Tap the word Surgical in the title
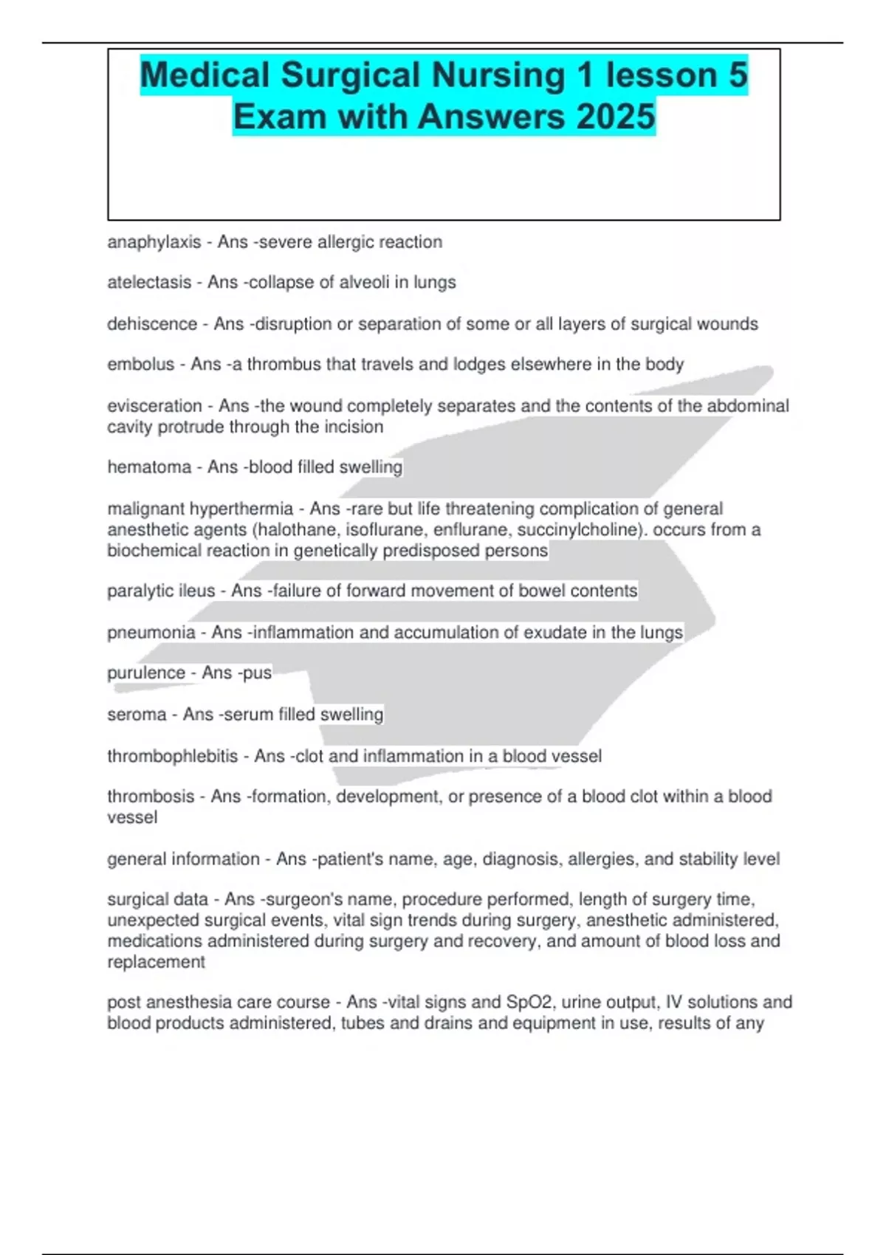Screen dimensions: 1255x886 point(350,75)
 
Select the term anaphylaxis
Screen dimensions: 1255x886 point(154,242)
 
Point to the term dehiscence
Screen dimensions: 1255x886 point(152,324)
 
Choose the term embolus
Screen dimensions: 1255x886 point(140,365)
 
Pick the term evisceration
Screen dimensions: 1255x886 point(154,406)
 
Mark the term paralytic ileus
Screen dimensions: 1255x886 point(161,591)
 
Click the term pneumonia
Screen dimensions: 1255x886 point(151,633)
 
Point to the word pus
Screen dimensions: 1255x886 point(257,673)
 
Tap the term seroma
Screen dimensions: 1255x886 point(137,715)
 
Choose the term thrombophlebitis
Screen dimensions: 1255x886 point(172,757)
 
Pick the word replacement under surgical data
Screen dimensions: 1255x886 point(156,962)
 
